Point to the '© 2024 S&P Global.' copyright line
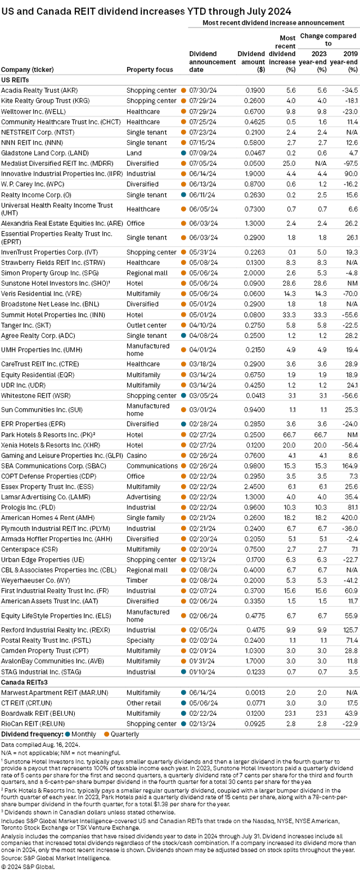[28, 870]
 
